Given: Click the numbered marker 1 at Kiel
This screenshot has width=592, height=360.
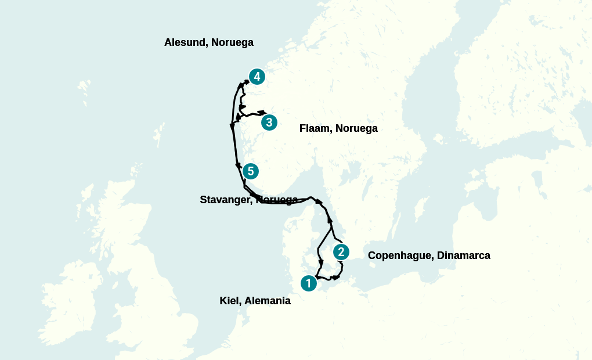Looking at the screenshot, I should tap(309, 283).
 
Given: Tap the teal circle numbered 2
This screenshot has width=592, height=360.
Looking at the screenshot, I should tap(341, 252).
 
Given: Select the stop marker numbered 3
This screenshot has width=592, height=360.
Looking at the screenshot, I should tap(269, 123).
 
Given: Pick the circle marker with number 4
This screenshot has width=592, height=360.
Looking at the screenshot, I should tap(257, 77).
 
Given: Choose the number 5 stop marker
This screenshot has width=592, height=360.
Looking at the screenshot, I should tap(251, 171).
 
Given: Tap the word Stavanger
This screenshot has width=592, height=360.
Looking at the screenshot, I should tap(226, 200).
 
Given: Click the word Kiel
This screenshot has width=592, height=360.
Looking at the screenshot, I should tap(229, 301).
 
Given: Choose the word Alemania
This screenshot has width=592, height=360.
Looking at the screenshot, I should tap(267, 301).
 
